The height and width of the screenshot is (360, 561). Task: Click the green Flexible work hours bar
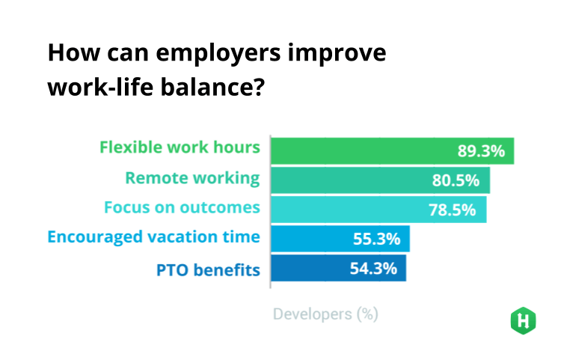393,151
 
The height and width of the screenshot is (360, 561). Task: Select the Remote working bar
380,180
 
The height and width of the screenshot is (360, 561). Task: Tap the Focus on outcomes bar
378,210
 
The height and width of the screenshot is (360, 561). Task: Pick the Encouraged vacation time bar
340,239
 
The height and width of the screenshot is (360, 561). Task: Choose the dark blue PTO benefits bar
338,268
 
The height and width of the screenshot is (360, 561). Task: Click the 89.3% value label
481,151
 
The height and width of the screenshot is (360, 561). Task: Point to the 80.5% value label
456,180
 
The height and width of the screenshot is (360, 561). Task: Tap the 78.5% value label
453,210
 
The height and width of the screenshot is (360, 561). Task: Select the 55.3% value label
376,239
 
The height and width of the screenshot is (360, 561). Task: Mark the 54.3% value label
373,268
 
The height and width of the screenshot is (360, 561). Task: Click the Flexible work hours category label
180,147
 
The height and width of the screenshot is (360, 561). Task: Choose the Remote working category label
192,178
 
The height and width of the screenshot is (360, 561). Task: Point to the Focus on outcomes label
182,207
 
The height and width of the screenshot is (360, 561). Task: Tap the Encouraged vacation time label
153,237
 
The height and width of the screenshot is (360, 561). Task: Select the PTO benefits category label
208,270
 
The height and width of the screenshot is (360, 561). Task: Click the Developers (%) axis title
325,314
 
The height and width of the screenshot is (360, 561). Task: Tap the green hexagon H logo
523,320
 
